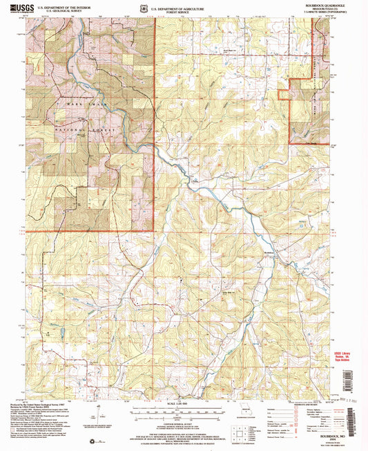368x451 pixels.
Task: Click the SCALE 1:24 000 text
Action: [184, 404]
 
